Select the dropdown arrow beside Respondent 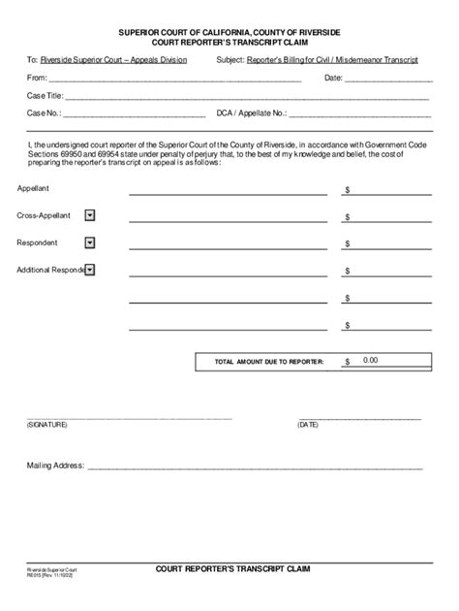tap(90, 242)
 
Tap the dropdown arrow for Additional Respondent tap(90, 270)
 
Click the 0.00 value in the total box tap(371, 360)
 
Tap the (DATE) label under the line tap(308, 425)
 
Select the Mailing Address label tap(54, 466)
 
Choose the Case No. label tap(44, 113)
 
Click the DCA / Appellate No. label tap(251, 113)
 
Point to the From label tap(37, 78)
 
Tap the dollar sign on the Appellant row tap(347, 191)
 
